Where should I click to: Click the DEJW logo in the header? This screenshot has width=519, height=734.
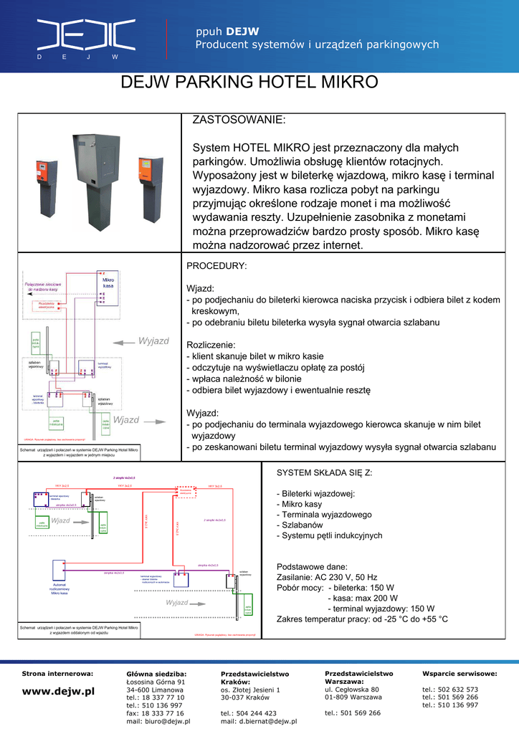[x=87, y=34]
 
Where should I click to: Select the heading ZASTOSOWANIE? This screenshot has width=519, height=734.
[x=239, y=120]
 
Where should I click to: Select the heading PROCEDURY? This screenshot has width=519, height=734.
[x=216, y=265]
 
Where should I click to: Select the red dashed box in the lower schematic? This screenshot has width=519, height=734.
[x=186, y=491]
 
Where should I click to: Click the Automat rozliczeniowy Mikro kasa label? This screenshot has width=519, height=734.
[x=59, y=588]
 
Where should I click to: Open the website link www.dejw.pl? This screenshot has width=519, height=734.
[x=58, y=692]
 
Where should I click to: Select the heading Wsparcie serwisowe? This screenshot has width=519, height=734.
[x=460, y=674]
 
